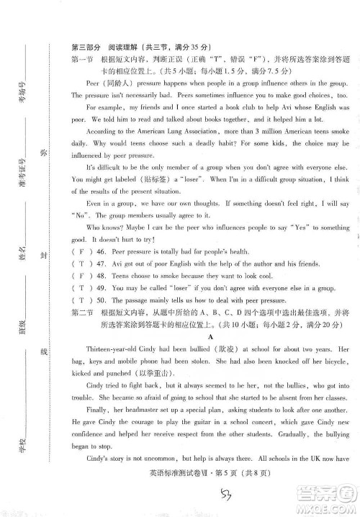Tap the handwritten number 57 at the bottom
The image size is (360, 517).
tap(228, 492)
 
